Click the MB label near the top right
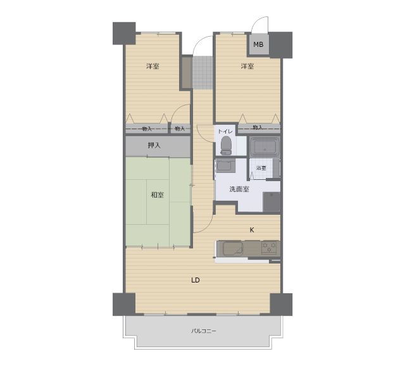click(258, 44)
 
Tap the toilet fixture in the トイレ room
click(227, 146)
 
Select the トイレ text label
click(225, 131)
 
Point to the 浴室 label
click(261, 168)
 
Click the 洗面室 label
click(239, 189)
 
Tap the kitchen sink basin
click(232, 248)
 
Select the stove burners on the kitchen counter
click(270, 248)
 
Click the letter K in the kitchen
click(252, 230)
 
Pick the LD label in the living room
click(196, 280)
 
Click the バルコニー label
click(204, 331)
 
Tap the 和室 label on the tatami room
click(157, 194)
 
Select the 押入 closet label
click(154, 146)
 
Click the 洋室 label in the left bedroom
click(153, 67)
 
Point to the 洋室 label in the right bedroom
click(247, 67)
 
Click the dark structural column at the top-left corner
click(124, 34)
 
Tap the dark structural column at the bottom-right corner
click(281, 305)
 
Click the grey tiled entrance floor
click(202, 73)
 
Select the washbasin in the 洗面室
click(226, 165)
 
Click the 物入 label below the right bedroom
click(258, 127)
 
